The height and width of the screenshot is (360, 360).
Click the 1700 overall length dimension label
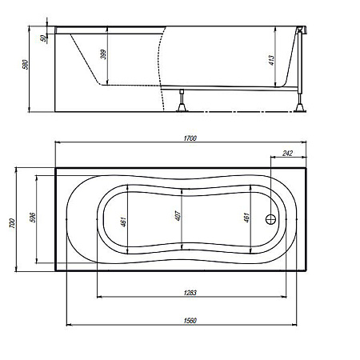[190, 138]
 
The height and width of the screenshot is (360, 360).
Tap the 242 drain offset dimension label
[287, 154]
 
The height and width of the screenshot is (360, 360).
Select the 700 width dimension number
[12, 223]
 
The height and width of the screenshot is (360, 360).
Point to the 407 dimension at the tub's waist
[178, 216]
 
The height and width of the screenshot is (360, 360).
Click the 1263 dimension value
[190, 293]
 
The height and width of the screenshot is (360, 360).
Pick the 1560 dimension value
[190, 321]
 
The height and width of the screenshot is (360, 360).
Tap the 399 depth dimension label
[104, 54]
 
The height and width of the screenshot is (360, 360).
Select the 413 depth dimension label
[271, 60]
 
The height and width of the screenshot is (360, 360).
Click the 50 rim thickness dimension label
[43, 38]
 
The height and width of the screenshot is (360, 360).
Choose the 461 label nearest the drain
[246, 218]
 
